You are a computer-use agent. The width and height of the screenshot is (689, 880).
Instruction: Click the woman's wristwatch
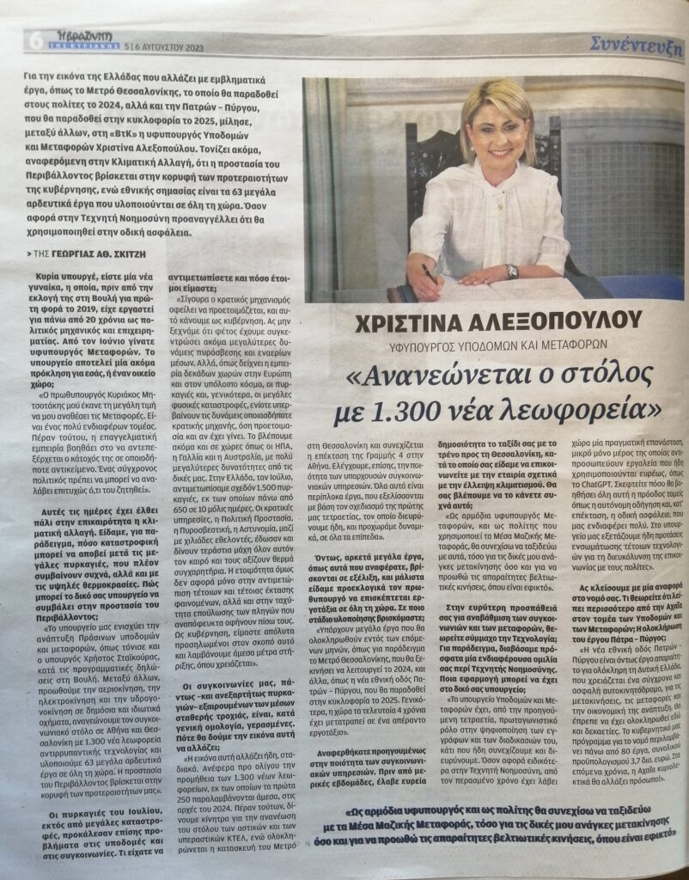pyautogui.click(x=512, y=271)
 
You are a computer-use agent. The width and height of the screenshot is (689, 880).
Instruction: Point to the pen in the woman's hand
pyautogui.click(x=428, y=274)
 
